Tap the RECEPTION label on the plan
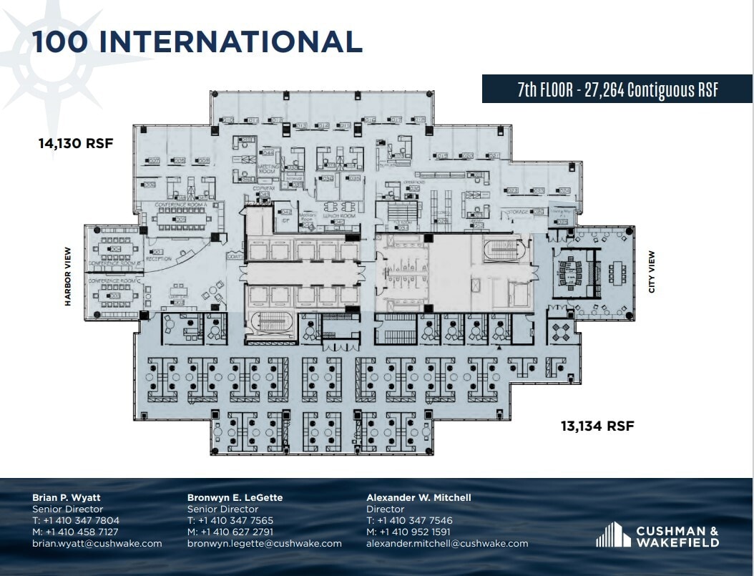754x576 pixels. [x=159, y=258]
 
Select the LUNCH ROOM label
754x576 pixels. [x=338, y=215]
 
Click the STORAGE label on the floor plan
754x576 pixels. [x=518, y=213]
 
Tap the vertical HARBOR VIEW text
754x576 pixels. [x=69, y=277]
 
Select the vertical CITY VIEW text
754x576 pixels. [x=651, y=272]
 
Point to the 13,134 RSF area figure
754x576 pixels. [x=597, y=426]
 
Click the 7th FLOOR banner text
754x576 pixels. [x=617, y=89]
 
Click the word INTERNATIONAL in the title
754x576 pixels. [x=230, y=42]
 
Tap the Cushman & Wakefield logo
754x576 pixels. [x=657, y=535]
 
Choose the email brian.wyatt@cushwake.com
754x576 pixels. [x=97, y=544]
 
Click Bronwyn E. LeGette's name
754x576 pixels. [x=235, y=497]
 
